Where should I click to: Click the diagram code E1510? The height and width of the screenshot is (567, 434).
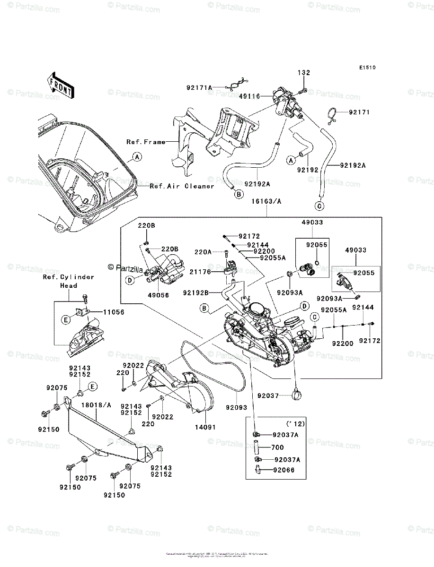click(367, 68)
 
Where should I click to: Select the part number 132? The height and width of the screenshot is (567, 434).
click(304, 73)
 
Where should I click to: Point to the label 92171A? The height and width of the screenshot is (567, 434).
click(199, 87)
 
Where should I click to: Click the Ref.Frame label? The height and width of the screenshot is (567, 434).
click(146, 142)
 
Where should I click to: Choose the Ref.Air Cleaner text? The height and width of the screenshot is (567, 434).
click(182, 186)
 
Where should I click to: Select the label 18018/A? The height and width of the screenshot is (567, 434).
click(96, 405)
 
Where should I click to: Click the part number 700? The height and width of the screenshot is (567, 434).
click(278, 447)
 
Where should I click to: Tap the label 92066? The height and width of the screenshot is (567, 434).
click(283, 470)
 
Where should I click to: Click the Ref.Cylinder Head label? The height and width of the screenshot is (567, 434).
click(68, 281)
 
